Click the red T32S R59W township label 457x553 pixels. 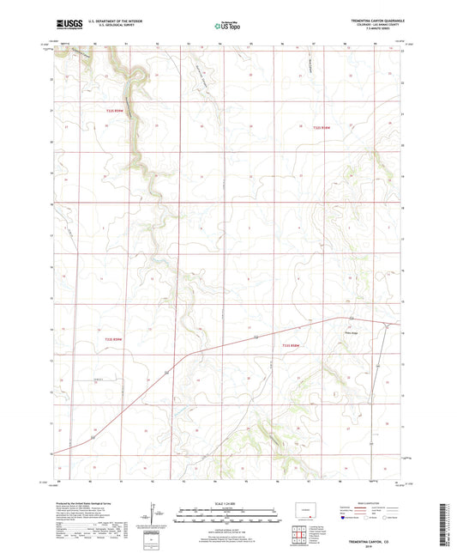tap(121, 110)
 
